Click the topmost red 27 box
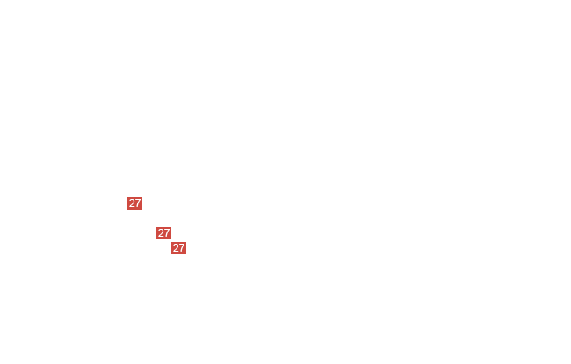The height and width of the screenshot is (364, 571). click(x=134, y=203)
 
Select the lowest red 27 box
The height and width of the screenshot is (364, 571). click(x=179, y=248)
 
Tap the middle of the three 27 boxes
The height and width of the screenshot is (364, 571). click(x=164, y=233)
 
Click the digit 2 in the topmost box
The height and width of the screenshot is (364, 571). click(x=132, y=203)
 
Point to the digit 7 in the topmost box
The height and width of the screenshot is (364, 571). click(x=138, y=203)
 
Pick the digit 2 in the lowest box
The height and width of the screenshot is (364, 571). click(x=176, y=248)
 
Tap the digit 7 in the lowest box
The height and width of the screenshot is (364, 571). click(x=182, y=248)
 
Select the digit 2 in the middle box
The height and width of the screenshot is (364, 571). click(x=161, y=233)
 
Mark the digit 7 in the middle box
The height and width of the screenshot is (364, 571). click(x=167, y=233)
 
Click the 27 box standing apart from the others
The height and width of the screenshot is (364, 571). click(x=134, y=203)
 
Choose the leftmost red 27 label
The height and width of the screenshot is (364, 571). click(x=134, y=203)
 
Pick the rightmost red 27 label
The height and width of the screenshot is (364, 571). click(x=179, y=248)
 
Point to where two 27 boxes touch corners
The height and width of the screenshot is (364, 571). click(x=171, y=240)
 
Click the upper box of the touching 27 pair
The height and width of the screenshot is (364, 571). click(x=164, y=233)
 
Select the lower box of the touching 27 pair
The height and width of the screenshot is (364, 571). click(x=179, y=248)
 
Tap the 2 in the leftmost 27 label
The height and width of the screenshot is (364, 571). click(x=132, y=203)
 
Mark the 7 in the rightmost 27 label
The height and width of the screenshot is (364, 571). click(x=182, y=248)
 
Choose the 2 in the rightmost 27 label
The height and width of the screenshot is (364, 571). click(x=176, y=248)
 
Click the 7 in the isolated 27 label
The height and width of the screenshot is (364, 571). click(x=138, y=203)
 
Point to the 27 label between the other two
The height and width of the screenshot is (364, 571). click(x=164, y=233)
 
